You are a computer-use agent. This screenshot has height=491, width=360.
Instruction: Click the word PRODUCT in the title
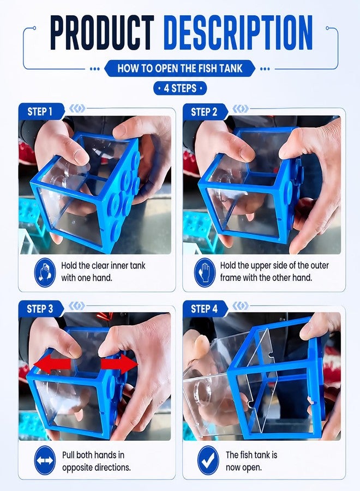(x=102, y=33)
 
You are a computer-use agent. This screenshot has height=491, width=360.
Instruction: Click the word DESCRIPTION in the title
(x=238, y=33)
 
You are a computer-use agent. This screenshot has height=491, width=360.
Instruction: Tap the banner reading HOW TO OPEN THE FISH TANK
(x=179, y=68)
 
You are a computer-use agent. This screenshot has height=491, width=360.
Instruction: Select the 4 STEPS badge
(x=180, y=88)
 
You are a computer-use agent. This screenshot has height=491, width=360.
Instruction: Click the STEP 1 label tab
(x=40, y=111)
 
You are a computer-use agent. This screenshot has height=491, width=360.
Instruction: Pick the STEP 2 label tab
(x=205, y=111)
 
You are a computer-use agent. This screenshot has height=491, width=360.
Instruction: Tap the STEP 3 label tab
(x=40, y=308)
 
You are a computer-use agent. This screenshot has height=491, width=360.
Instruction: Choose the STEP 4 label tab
(x=205, y=308)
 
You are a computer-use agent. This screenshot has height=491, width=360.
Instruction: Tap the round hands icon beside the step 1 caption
(x=45, y=272)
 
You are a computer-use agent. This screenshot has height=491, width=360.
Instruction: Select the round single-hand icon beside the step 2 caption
(x=205, y=272)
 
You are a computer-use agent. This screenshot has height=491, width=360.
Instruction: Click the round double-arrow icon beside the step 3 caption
(x=45, y=460)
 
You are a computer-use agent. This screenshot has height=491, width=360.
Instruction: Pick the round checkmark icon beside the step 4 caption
(x=208, y=460)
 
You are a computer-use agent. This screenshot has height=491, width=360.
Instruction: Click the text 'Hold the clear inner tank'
(x=103, y=266)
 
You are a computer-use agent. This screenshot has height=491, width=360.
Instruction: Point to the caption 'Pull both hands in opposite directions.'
(x=97, y=461)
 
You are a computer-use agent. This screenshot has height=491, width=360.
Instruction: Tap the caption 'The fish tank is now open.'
(x=251, y=461)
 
